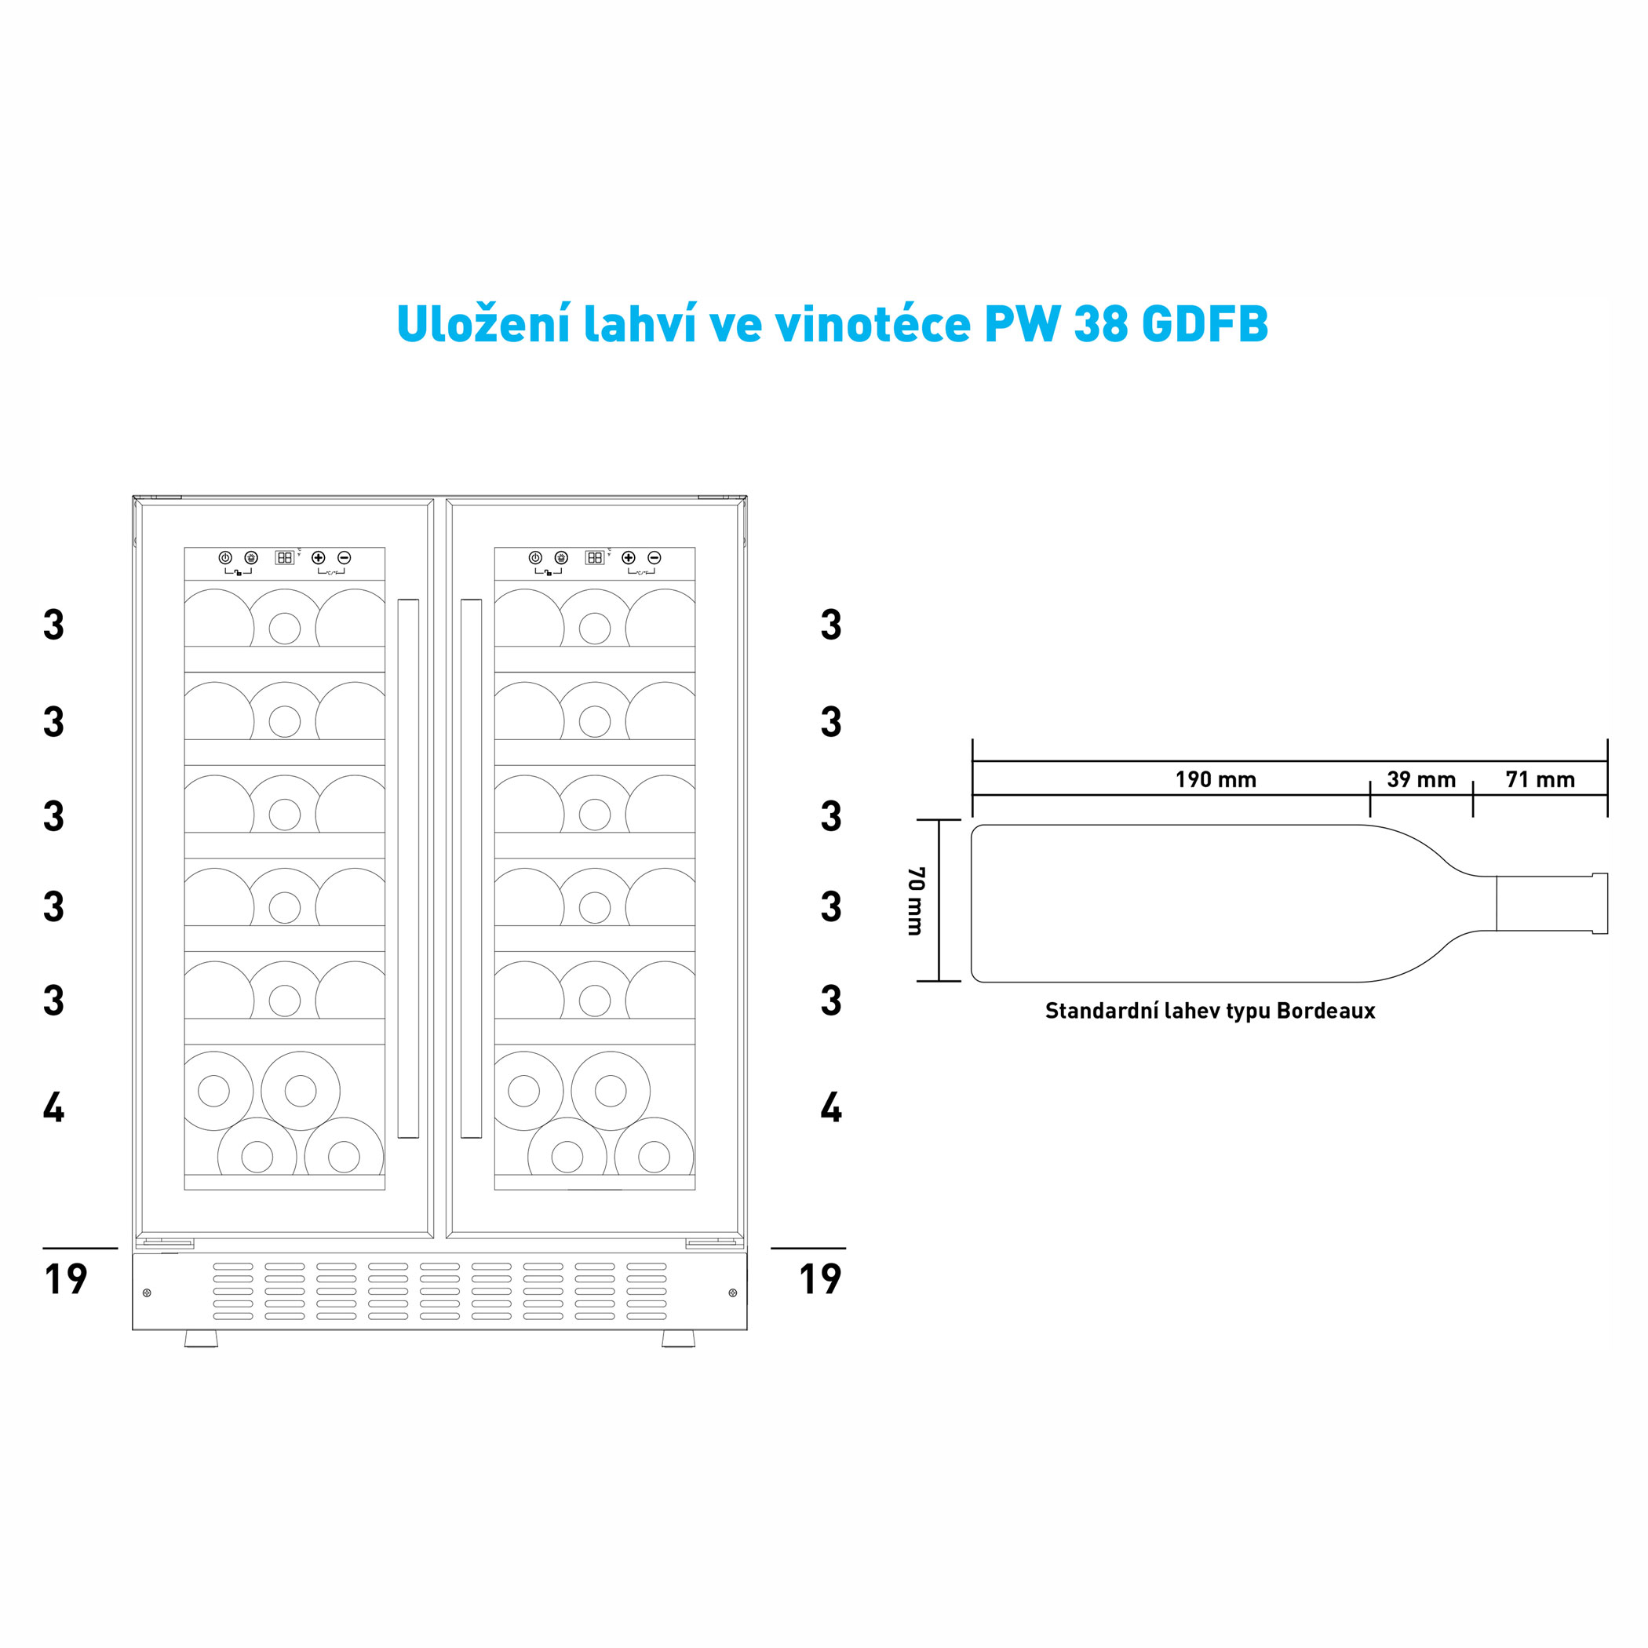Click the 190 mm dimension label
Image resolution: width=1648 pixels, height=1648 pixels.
click(1215, 779)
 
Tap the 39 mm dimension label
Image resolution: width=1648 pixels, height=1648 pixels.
click(1420, 779)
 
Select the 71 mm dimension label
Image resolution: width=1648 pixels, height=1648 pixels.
click(1540, 779)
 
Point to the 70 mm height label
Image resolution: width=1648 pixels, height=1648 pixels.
click(915, 901)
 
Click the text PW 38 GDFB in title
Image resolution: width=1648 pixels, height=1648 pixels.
click(1126, 324)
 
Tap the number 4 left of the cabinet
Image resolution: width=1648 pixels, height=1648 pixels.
click(53, 1107)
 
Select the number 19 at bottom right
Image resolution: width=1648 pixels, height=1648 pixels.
click(820, 1278)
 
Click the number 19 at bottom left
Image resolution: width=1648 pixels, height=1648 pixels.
click(66, 1278)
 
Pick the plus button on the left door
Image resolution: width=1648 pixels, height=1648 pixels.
click(318, 557)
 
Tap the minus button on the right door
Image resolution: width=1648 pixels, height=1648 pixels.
click(654, 557)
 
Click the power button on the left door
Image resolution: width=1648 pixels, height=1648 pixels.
click(225, 557)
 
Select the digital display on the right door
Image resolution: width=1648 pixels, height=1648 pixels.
click(595, 557)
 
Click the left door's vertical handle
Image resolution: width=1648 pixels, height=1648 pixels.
click(408, 869)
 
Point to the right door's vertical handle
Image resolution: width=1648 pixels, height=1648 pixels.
click(471, 869)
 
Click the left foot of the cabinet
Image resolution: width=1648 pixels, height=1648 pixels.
click(202, 1338)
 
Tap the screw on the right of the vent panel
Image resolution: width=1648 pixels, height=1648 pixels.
click(733, 1293)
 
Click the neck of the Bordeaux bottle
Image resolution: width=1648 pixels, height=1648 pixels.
click(1544, 903)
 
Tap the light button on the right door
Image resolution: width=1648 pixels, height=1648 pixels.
click(560, 557)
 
